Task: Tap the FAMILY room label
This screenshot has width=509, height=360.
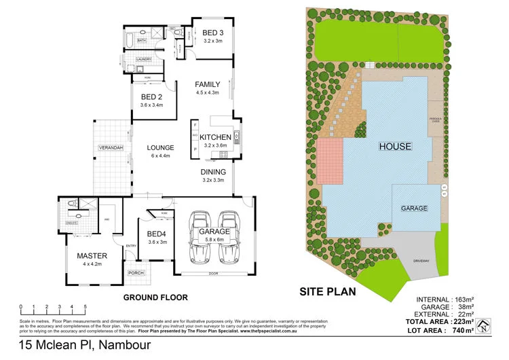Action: point(208,84)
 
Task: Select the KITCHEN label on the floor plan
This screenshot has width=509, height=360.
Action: point(216,137)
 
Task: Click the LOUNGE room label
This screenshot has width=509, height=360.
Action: point(160,147)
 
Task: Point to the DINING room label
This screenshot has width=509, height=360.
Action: point(213,172)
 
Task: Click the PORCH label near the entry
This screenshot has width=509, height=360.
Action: point(136,273)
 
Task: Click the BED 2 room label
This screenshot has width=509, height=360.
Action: point(151,96)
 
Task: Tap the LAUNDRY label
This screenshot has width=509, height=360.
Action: point(143,60)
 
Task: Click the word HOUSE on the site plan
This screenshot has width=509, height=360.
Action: point(395,146)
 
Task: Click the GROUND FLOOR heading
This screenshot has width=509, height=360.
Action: point(155,298)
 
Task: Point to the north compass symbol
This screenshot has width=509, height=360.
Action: point(482,327)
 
